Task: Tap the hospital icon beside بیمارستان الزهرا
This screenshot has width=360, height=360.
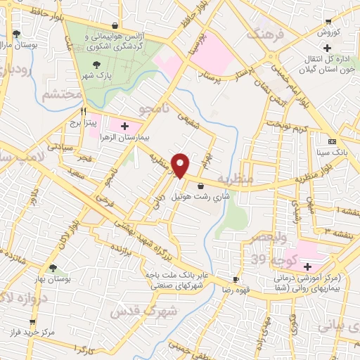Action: [125, 127]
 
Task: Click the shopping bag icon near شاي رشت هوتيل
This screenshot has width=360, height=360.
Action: [202, 186]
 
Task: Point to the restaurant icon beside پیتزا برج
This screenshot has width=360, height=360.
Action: [84, 111]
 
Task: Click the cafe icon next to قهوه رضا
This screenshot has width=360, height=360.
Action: [236, 279]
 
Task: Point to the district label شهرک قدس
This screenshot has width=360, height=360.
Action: [132, 309]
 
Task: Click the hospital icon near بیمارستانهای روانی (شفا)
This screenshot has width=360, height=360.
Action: [307, 266]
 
